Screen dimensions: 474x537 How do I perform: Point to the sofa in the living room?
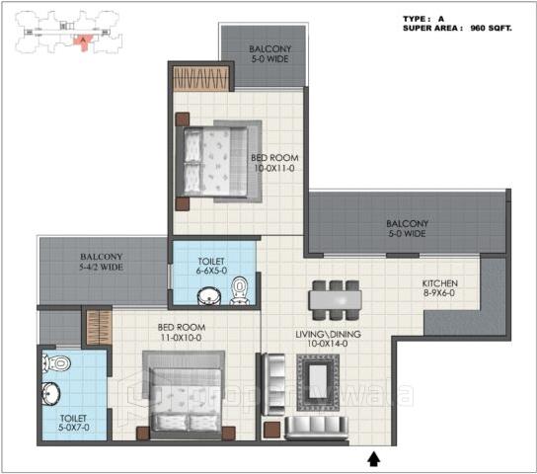click(x=315, y=426)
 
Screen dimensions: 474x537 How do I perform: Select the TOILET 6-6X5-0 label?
click(x=212, y=265)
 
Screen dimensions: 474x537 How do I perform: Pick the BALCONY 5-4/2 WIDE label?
click(x=102, y=262)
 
